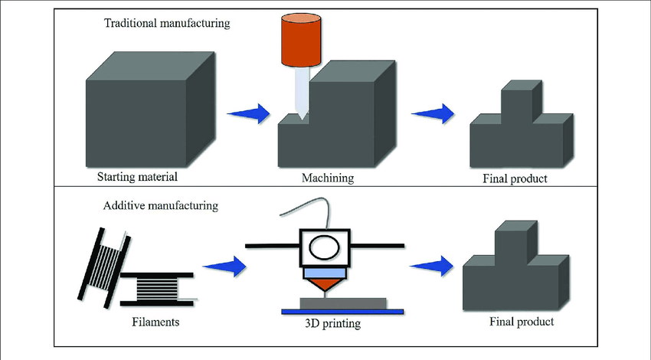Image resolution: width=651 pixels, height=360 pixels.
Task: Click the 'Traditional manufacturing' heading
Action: click(x=166, y=23)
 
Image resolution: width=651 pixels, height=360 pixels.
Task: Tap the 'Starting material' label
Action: click(x=137, y=178)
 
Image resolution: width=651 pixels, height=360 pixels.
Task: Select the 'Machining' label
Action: click(x=328, y=178)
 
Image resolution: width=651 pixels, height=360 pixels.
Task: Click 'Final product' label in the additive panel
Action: click(x=521, y=321)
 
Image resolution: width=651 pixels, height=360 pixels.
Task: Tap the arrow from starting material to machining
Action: click(x=250, y=114)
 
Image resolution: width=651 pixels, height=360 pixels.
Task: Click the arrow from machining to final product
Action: click(x=433, y=114)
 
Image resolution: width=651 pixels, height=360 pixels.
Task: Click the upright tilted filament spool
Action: click(x=103, y=260)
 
